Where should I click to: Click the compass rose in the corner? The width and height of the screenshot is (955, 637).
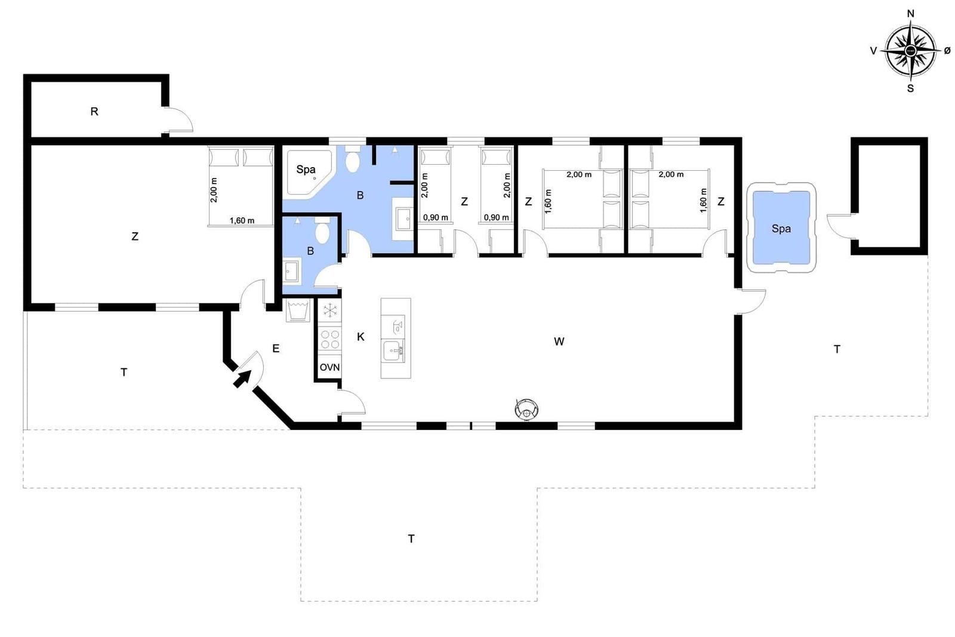tap(911, 51)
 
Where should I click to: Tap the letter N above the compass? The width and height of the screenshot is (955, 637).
tap(911, 14)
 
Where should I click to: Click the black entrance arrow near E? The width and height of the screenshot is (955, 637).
tap(242, 378)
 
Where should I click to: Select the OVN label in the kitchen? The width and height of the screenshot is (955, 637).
tap(329, 367)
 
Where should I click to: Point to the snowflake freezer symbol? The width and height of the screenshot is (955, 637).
tap(330, 310)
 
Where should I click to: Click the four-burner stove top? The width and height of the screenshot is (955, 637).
tap(330, 339)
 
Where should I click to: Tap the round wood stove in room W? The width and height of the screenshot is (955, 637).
tap(526, 410)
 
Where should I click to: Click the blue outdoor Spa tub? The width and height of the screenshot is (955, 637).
tap(781, 228)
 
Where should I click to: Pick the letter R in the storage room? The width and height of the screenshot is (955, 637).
tap(94, 112)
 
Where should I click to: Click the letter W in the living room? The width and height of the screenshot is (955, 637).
tap(559, 341)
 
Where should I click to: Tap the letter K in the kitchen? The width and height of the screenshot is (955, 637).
tap(361, 337)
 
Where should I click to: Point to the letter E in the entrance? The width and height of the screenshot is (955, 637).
tap(276, 349)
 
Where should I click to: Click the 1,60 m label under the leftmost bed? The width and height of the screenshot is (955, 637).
tap(242, 220)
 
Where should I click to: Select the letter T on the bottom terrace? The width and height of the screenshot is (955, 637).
tap(411, 539)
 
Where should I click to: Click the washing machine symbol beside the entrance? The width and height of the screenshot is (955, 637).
tap(298, 310)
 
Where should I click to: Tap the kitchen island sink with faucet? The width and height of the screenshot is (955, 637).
tap(393, 351)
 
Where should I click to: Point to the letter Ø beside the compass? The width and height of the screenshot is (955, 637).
tap(947, 51)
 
